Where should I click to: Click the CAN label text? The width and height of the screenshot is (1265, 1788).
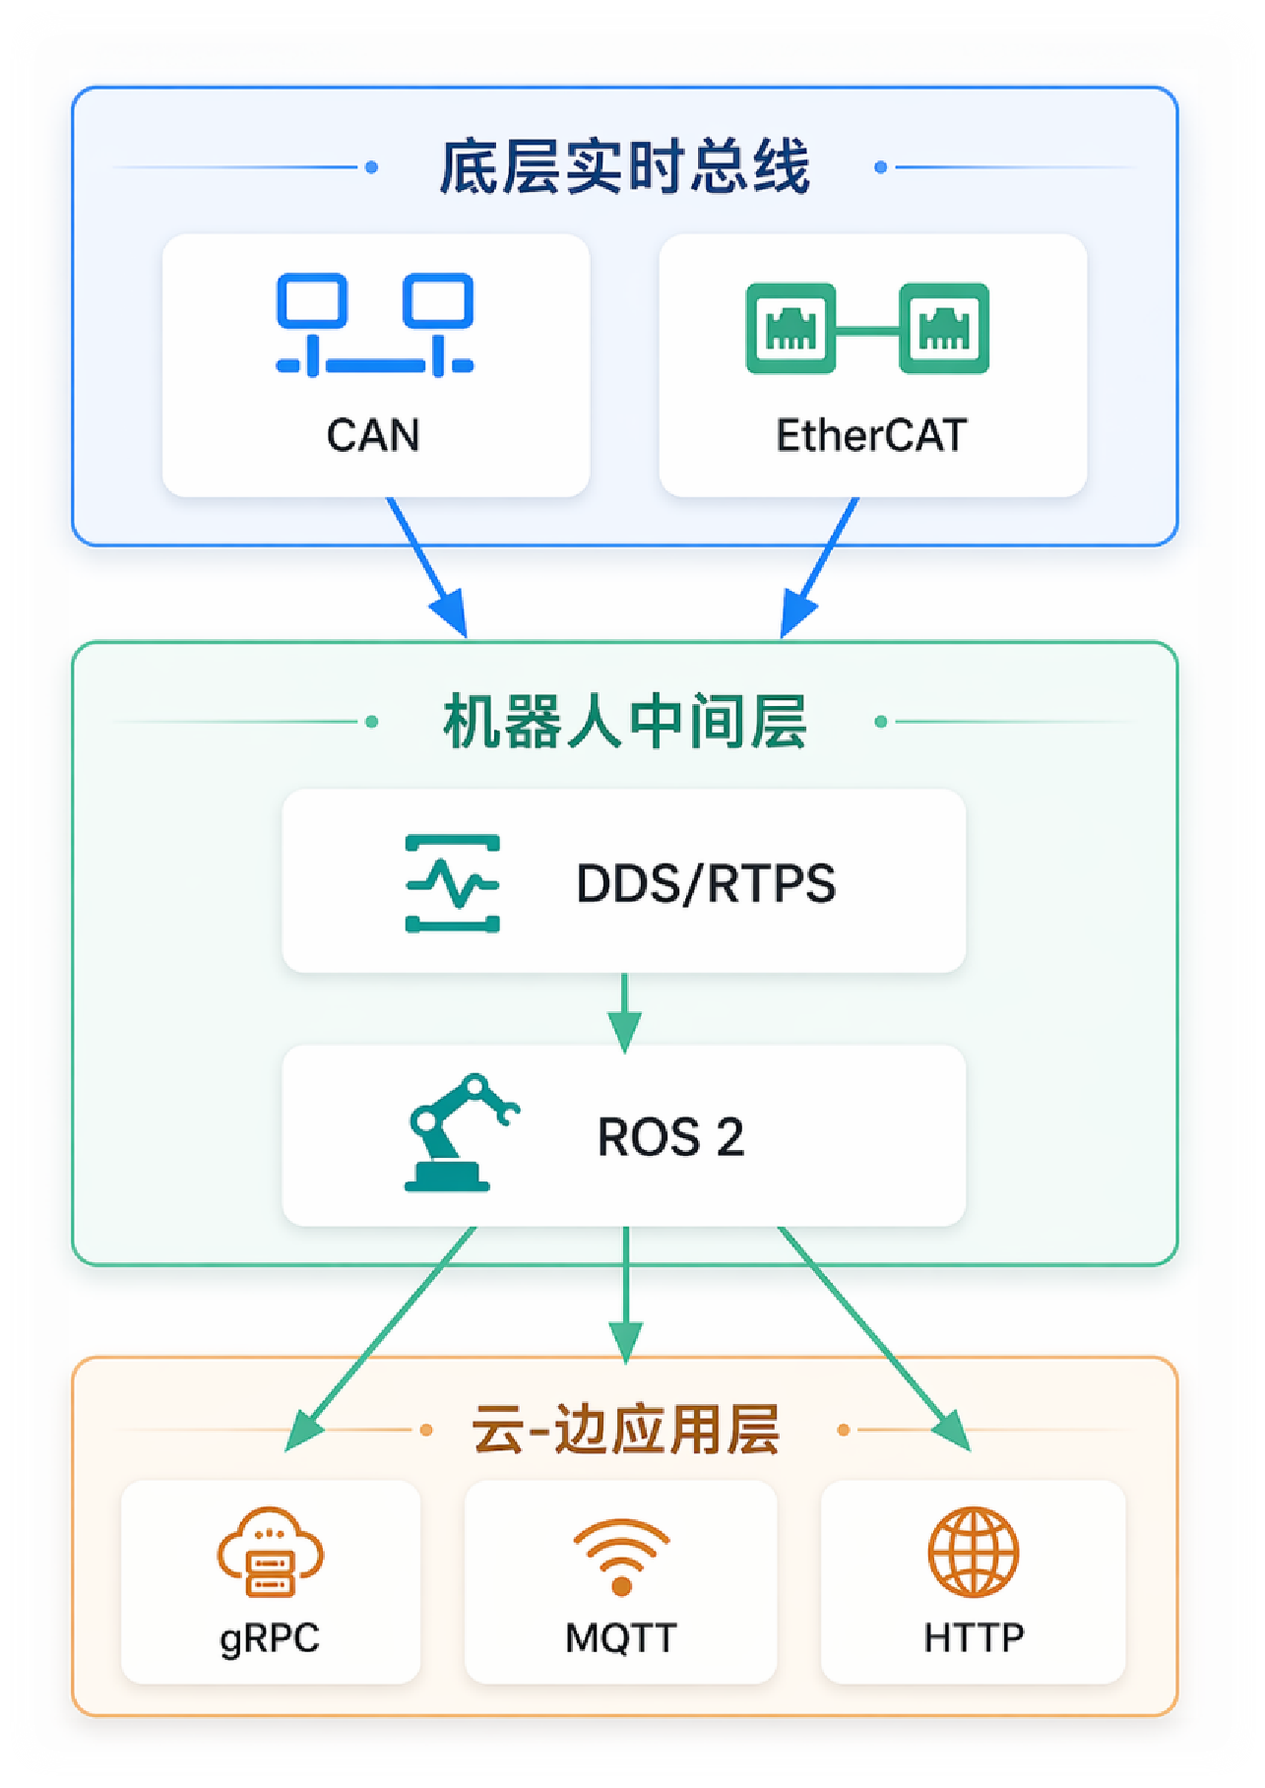click(x=373, y=435)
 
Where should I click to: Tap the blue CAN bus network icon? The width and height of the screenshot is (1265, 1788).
click(x=375, y=325)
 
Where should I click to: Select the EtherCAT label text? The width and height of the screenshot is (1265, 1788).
click(x=871, y=435)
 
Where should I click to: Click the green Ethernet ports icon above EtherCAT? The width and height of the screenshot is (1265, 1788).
click(x=867, y=328)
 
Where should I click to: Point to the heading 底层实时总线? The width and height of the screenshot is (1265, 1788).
click(x=624, y=167)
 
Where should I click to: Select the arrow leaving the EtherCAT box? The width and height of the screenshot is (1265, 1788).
click(x=820, y=566)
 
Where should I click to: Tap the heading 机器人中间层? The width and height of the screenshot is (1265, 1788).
click(x=624, y=722)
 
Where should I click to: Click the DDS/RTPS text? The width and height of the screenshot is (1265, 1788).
click(x=705, y=883)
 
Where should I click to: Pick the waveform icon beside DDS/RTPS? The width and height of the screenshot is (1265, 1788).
click(x=453, y=883)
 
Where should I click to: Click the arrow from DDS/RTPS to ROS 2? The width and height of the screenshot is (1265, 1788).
click(x=624, y=1013)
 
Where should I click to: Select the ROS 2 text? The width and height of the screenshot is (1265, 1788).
click(x=670, y=1137)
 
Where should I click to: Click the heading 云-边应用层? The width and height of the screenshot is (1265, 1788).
click(x=625, y=1430)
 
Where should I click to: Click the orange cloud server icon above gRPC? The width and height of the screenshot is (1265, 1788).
click(x=271, y=1553)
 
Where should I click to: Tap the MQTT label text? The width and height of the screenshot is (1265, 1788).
click(x=620, y=1638)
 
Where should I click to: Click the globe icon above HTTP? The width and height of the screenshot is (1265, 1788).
click(x=974, y=1553)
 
